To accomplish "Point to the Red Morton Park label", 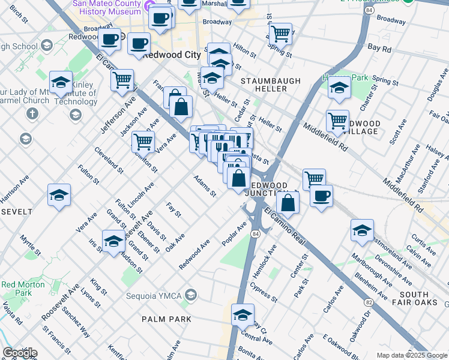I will tap(16, 289).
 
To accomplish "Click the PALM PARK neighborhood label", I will tap(167, 319).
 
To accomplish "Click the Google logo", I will tap(20, 353).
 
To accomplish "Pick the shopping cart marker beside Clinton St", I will tap(143, 141).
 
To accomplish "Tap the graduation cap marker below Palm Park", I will tap(243, 314).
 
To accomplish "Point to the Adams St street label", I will tap(204, 186).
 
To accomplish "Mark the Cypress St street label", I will tap(264, 294).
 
